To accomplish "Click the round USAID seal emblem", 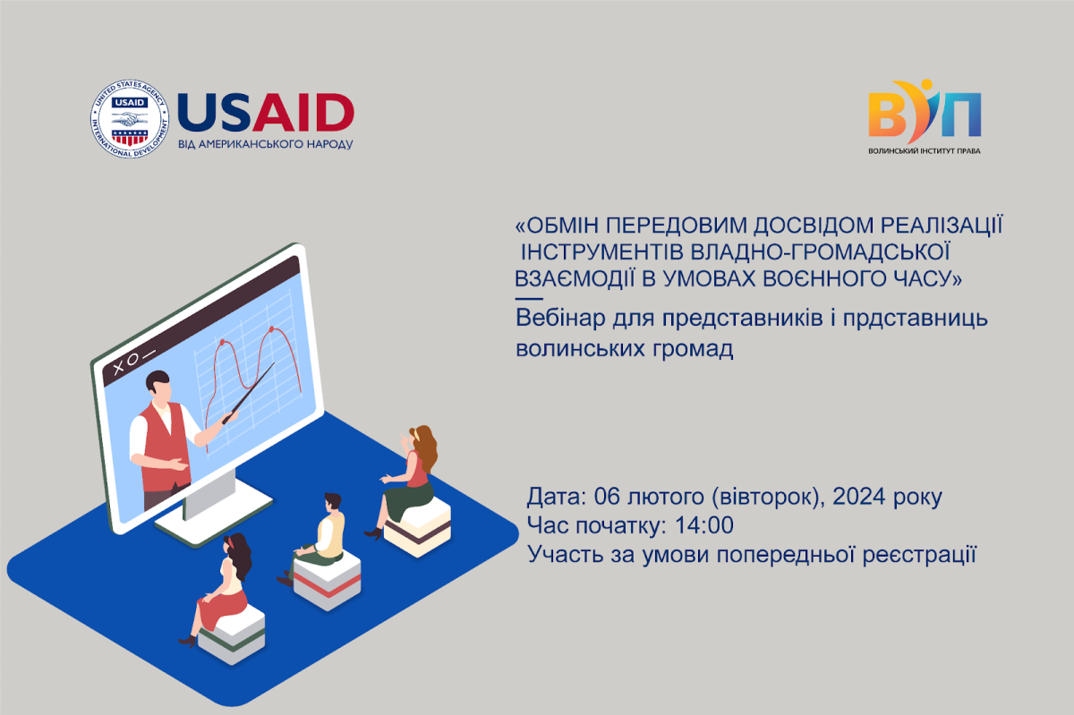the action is coord(130,118).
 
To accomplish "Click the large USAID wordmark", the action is coord(266,113).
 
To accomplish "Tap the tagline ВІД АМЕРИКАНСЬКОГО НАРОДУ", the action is coord(266,144).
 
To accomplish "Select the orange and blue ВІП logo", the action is coord(925,111).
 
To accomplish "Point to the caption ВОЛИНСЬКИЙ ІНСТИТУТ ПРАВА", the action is coord(925,151).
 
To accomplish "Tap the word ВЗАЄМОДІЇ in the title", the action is coord(575,278).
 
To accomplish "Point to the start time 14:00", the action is coord(703,525).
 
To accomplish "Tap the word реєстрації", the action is coord(919,555).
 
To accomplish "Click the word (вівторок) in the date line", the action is coord(768,497).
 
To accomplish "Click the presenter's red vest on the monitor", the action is coord(162,446).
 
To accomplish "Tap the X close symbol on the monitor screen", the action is coord(118,368).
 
